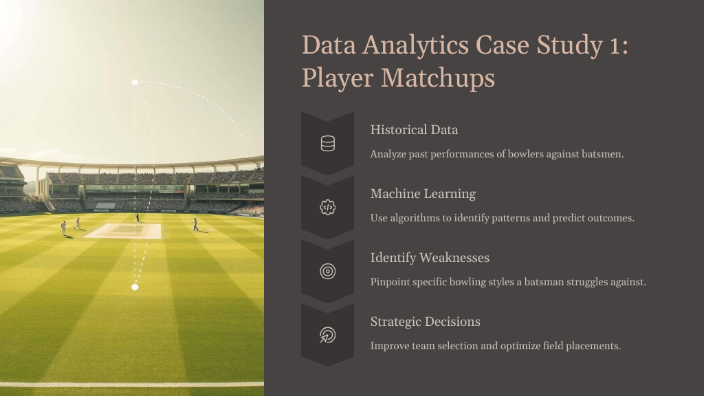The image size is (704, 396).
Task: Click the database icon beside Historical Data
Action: (x=328, y=144)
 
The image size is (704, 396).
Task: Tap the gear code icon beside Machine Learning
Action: (x=328, y=208)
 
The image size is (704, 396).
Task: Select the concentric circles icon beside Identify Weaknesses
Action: (x=328, y=271)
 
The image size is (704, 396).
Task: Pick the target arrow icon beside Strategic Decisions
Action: (x=328, y=335)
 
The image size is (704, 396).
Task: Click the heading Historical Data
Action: (x=414, y=130)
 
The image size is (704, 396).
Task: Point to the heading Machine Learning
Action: (x=423, y=194)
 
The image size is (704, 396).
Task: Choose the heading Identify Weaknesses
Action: (x=430, y=258)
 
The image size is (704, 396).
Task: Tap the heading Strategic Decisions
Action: (x=425, y=322)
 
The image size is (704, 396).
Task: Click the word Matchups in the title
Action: (x=438, y=78)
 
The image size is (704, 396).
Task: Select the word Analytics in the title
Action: (x=416, y=45)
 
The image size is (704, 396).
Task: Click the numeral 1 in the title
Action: (x=614, y=46)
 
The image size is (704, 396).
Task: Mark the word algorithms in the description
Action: (x=415, y=218)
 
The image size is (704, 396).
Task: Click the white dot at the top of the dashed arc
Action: (x=135, y=82)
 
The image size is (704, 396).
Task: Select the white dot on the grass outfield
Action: (x=135, y=287)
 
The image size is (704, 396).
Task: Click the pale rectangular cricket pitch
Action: (x=122, y=231)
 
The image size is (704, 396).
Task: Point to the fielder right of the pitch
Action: (x=195, y=225)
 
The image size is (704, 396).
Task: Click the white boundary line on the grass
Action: (x=132, y=384)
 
